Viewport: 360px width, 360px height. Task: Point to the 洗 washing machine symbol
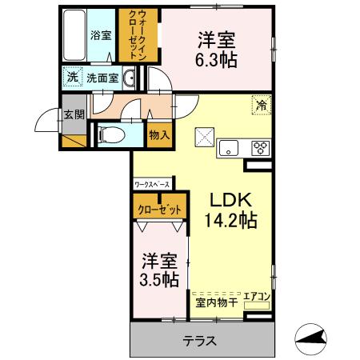[x=72, y=78]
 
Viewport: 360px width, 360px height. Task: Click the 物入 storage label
[x=159, y=135]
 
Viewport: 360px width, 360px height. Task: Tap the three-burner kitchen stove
[x=261, y=146]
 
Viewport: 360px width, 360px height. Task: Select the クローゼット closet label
[x=159, y=210]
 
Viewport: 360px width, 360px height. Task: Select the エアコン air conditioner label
[x=259, y=297]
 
